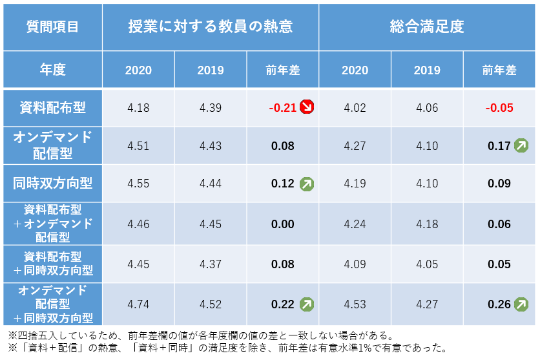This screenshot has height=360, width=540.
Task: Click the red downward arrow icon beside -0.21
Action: (x=307, y=107)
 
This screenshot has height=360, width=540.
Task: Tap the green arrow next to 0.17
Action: (x=521, y=145)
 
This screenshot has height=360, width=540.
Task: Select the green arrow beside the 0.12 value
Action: (x=307, y=184)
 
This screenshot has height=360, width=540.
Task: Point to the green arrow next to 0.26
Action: (x=521, y=304)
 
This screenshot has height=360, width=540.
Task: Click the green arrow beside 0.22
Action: (x=307, y=304)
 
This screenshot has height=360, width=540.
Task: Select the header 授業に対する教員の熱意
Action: (x=210, y=26)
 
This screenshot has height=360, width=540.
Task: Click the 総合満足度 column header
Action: (x=427, y=26)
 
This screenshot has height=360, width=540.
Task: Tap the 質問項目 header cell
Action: (x=52, y=26)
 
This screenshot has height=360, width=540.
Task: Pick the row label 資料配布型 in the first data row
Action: (x=52, y=107)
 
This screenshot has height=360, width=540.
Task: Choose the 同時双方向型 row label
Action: (x=52, y=184)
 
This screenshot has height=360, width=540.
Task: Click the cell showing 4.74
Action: (x=138, y=304)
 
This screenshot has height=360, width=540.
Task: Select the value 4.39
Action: (x=211, y=107)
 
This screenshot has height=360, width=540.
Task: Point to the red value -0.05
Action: (x=499, y=107)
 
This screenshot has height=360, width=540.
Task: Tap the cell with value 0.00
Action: (x=283, y=224)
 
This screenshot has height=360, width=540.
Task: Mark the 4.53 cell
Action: (x=355, y=304)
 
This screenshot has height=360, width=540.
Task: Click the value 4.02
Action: (x=355, y=107)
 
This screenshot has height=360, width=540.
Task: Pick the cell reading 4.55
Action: (x=138, y=184)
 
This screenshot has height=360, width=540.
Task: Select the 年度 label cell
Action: (x=52, y=69)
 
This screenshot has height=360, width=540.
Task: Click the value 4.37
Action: (x=211, y=264)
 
